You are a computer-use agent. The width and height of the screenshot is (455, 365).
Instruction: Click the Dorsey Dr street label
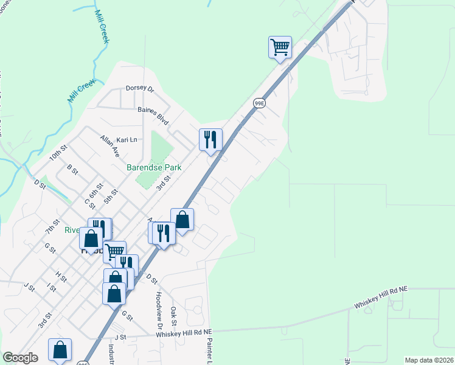[140, 88]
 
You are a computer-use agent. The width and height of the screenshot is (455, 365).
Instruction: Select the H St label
[61, 276]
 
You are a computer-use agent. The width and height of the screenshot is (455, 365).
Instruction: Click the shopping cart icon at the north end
[280, 47]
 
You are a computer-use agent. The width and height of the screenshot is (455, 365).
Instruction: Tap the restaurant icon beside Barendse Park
[210, 139]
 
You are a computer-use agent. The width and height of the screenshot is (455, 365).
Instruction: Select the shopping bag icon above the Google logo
[60, 350]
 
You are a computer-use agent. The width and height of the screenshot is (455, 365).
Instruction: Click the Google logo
[20, 358]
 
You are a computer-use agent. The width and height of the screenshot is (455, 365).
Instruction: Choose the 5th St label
[110, 197]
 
